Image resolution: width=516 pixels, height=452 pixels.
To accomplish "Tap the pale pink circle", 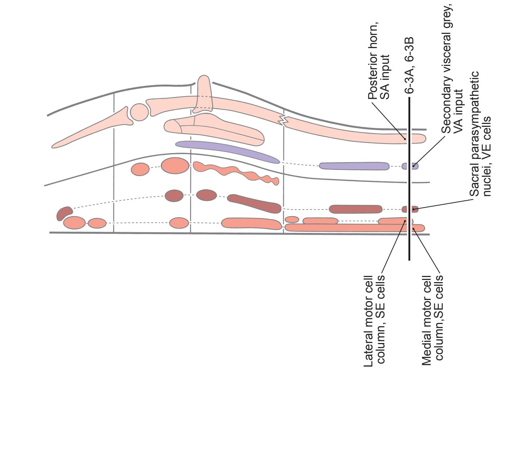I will point(139,112).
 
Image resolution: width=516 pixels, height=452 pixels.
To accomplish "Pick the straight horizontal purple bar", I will point(354,166).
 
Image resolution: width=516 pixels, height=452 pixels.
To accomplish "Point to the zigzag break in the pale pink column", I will point(284,120).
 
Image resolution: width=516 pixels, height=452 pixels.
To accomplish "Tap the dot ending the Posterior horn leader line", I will point(405,139).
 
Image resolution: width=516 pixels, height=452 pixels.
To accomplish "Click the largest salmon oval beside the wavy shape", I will point(175,165).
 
